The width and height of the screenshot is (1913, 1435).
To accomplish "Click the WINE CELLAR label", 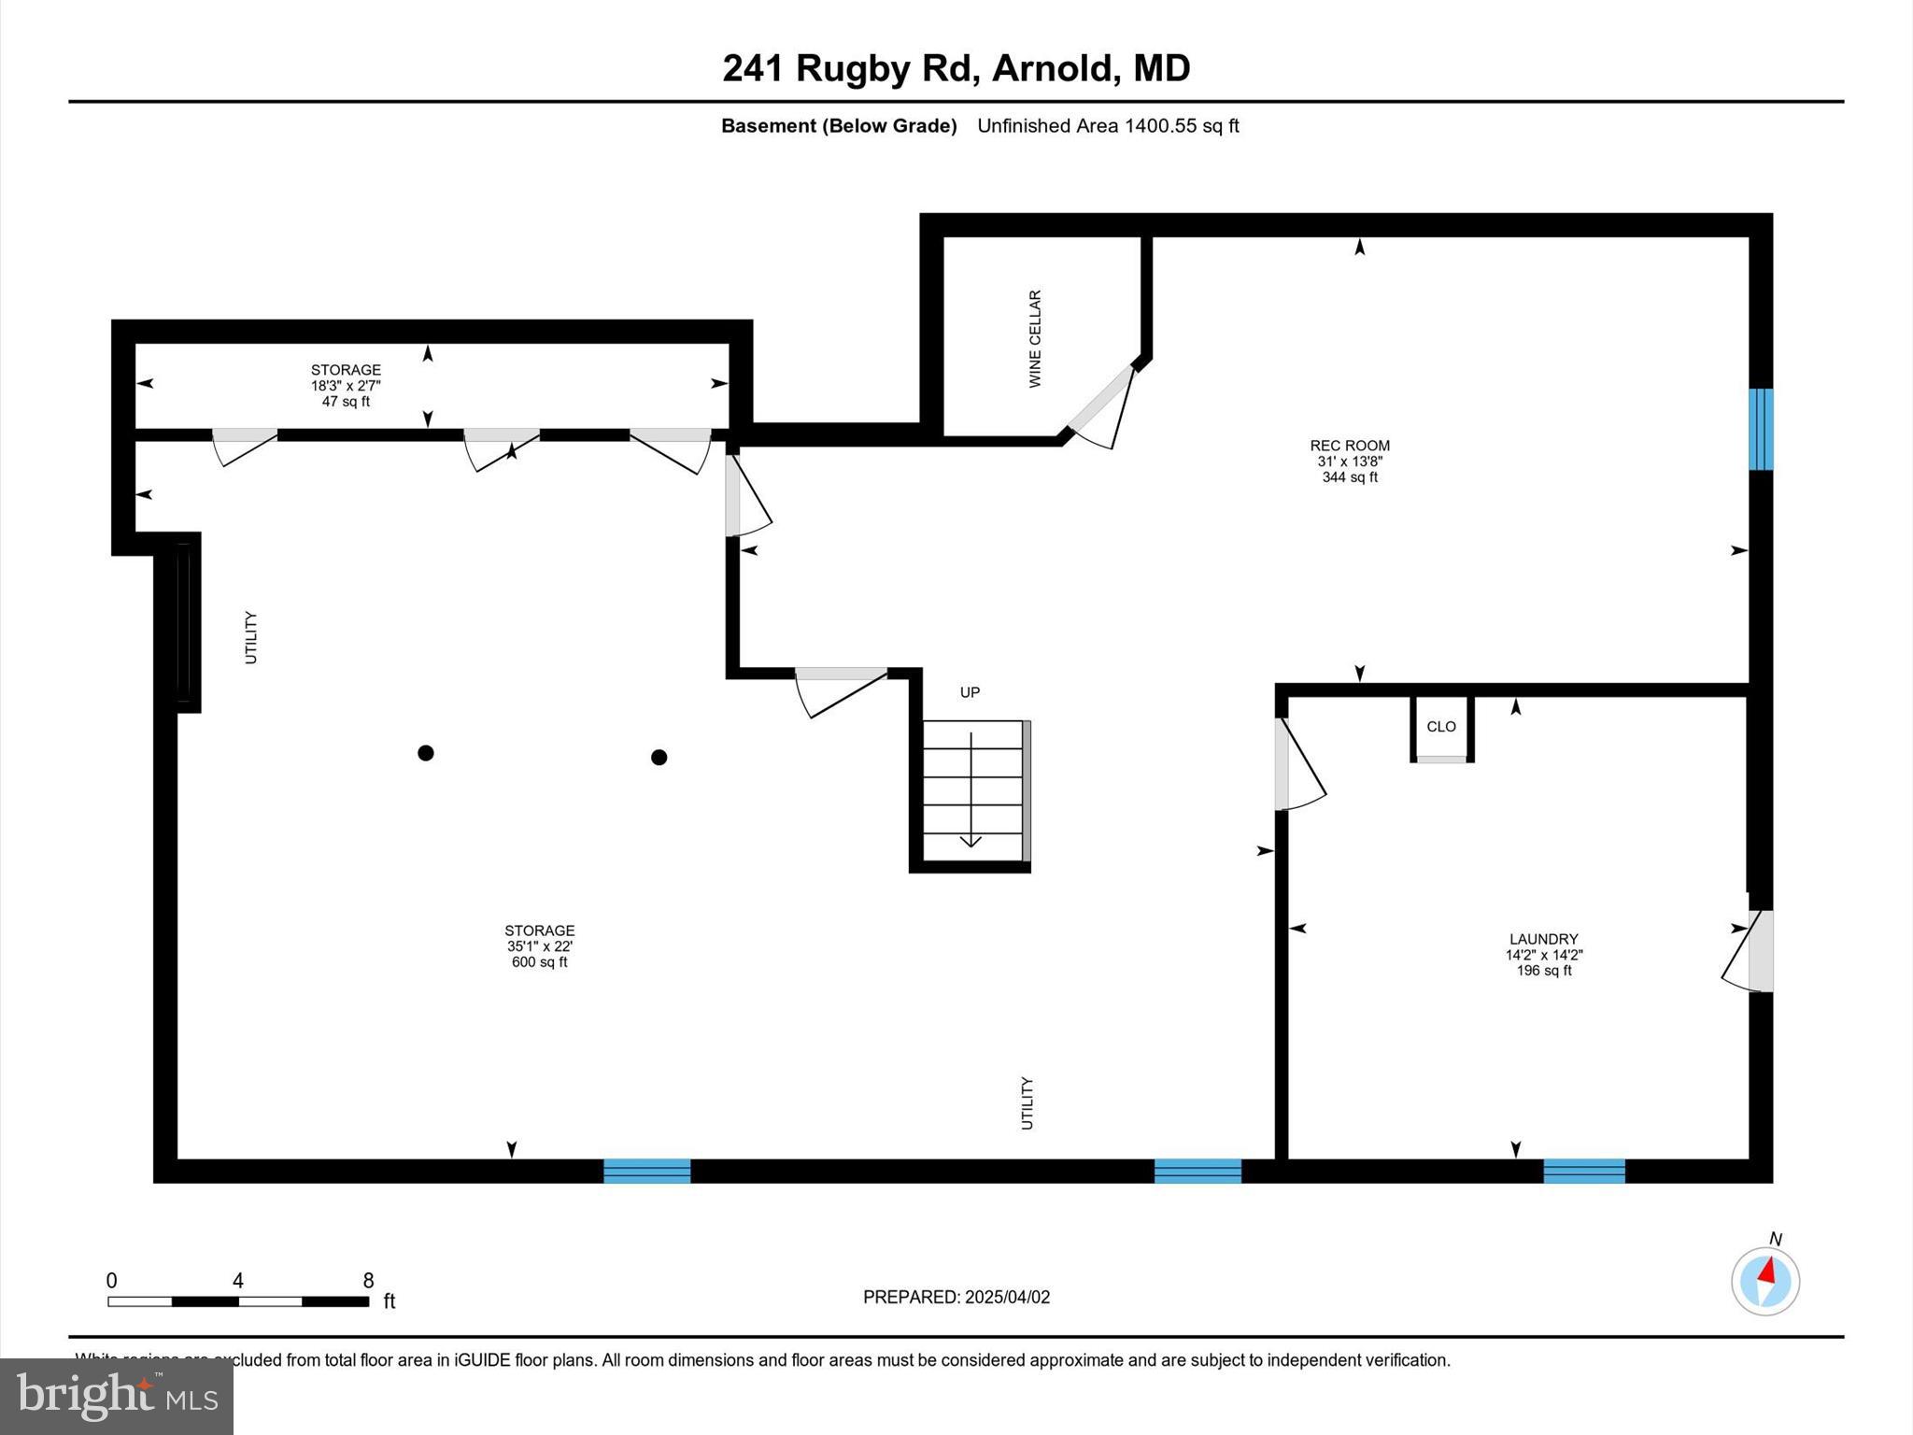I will pyautogui.click(x=1035, y=338).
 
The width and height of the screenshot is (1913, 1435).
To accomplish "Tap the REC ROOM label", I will pyautogui.click(x=1350, y=447).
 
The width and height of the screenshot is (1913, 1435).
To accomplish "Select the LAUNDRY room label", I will pyautogui.click(x=1544, y=939).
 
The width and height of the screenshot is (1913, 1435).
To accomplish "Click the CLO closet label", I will pyautogui.click(x=1441, y=727).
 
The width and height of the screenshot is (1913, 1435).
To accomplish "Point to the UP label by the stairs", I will pyautogui.click(x=970, y=692).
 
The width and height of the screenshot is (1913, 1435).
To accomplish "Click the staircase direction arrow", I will pyautogui.click(x=971, y=789).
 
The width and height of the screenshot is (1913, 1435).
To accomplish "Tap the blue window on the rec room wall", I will pyautogui.click(x=1761, y=429).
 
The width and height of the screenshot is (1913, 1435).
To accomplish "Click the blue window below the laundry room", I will pyautogui.click(x=1584, y=1171).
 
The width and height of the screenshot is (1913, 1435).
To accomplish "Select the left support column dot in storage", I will pyautogui.click(x=426, y=753).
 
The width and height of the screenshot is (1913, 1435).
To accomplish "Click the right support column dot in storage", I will pyautogui.click(x=659, y=757).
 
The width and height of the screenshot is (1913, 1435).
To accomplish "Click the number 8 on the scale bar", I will pyautogui.click(x=368, y=1281).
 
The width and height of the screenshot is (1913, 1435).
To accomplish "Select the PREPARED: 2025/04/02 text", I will pyautogui.click(x=956, y=1297).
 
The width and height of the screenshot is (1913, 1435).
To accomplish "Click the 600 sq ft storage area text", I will pyautogui.click(x=539, y=962).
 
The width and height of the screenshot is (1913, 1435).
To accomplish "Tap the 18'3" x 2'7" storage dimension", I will pyautogui.click(x=346, y=386).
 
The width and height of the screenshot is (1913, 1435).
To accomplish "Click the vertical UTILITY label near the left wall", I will pyautogui.click(x=250, y=637).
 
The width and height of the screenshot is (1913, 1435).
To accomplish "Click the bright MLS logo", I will pyautogui.click(x=117, y=1397).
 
